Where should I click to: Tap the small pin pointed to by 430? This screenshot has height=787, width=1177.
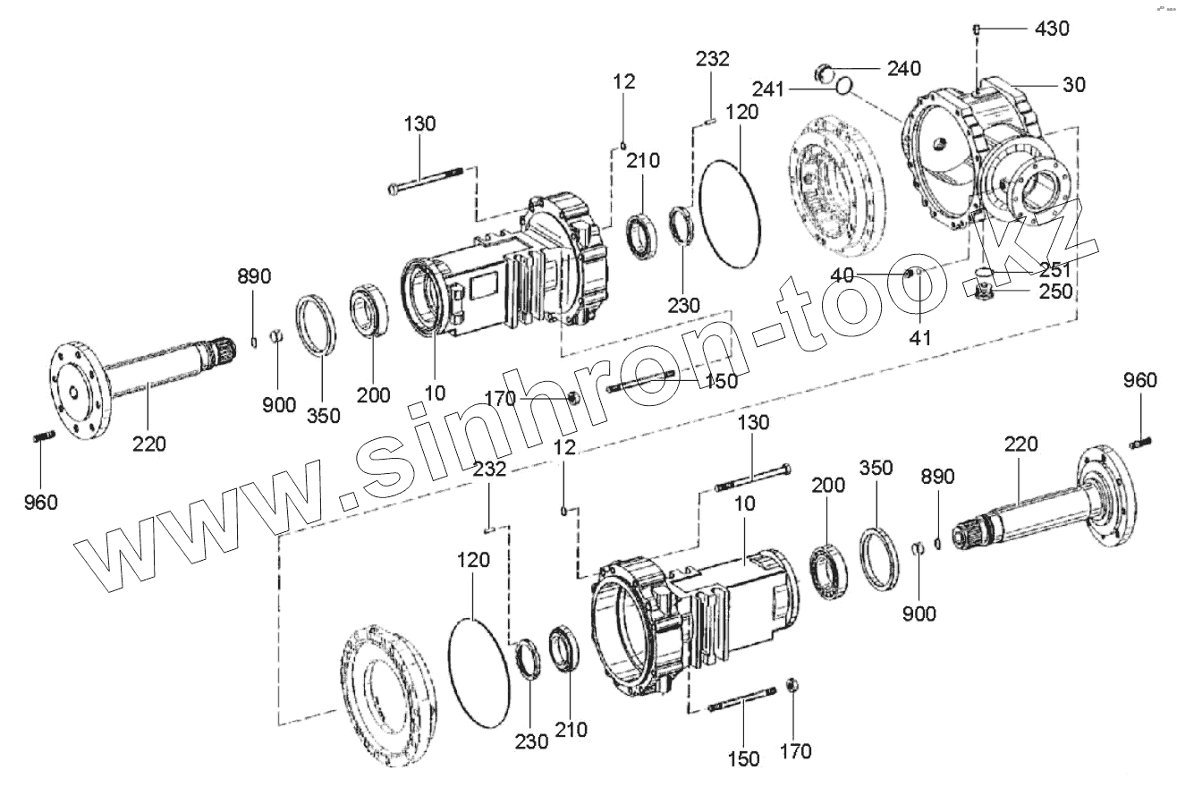pos(977,30)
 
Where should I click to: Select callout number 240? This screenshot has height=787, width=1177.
pos(903,69)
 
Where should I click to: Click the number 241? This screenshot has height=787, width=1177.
pos(770,89)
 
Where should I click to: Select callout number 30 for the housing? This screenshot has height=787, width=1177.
pos(1073,85)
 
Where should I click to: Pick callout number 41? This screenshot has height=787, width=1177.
pos(920,337)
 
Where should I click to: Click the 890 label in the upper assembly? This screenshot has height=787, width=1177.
pos(254,276)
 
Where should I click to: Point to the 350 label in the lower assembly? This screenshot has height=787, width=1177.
pos(876,469)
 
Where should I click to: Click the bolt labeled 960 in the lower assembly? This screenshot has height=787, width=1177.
pos(1138,443)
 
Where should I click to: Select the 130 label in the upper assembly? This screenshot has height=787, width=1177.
pos(419,124)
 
